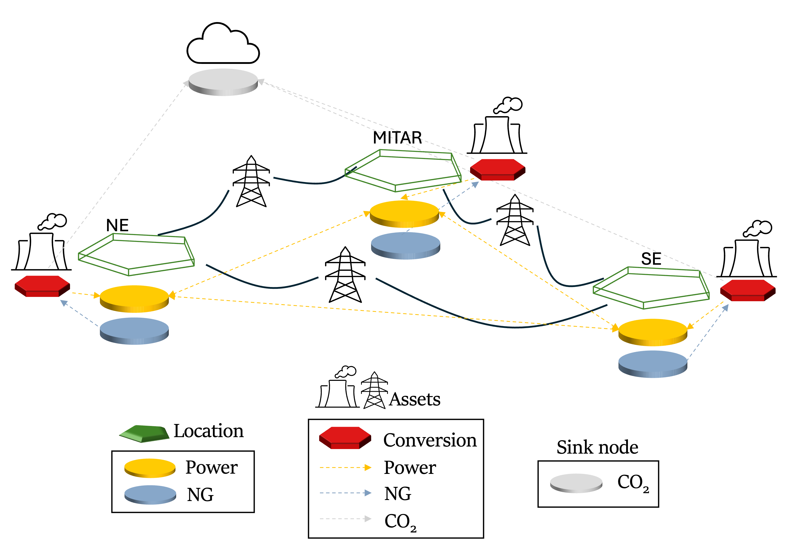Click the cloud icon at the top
[x=223, y=45]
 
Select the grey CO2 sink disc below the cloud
[x=223, y=82]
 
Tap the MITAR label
[x=397, y=138]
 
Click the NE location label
[x=117, y=225]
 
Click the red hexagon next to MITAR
[x=497, y=169]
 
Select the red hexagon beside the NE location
[x=42, y=286]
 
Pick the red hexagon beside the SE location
[x=748, y=290]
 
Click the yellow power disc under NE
[x=134, y=298]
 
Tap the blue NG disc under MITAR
[x=405, y=245]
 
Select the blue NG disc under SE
[x=653, y=364]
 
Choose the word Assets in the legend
[x=415, y=399]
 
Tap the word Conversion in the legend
[x=430, y=440]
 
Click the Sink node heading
[x=597, y=447]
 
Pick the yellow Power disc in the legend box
[x=150, y=468]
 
